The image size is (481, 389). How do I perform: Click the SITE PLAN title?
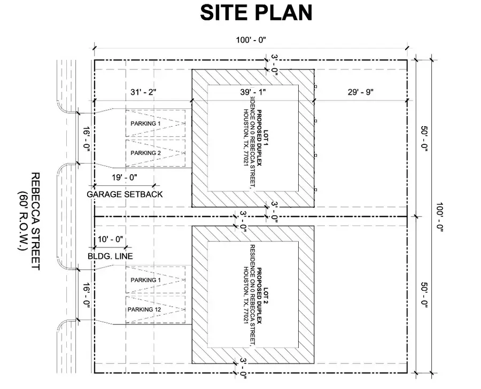pyautogui.click(x=256, y=13)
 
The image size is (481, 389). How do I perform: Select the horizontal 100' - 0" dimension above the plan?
pyautogui.click(x=251, y=40)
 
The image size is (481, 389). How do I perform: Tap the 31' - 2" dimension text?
pyautogui.click(x=143, y=92)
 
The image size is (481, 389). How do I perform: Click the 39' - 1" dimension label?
pyautogui.click(x=253, y=92)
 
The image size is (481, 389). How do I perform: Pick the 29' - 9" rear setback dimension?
pyautogui.click(x=360, y=92)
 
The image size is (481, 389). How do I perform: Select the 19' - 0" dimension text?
pyautogui.click(x=124, y=177)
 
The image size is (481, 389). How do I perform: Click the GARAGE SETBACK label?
pyautogui.click(x=125, y=194)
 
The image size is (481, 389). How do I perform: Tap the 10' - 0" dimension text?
pyautogui.click(x=110, y=239)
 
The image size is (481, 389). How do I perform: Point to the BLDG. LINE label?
pyautogui.click(x=110, y=256)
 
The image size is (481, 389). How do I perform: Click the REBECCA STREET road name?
pyautogui.click(x=36, y=221)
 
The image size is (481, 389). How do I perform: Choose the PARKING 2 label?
pyautogui.click(x=146, y=153)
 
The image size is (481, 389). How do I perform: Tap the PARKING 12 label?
pyautogui.click(x=144, y=309)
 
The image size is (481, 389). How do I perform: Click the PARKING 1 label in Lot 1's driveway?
pyautogui.click(x=146, y=123)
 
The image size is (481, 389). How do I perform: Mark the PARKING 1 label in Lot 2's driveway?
pyautogui.click(x=146, y=280)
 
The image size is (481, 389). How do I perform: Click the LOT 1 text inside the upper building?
pyautogui.click(x=266, y=138)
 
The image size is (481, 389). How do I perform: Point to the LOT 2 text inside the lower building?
pyautogui.click(x=266, y=295)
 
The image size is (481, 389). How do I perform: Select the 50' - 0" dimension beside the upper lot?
pyautogui.click(x=424, y=139)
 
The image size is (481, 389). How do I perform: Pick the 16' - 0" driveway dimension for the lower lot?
pyautogui.click(x=87, y=295)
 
